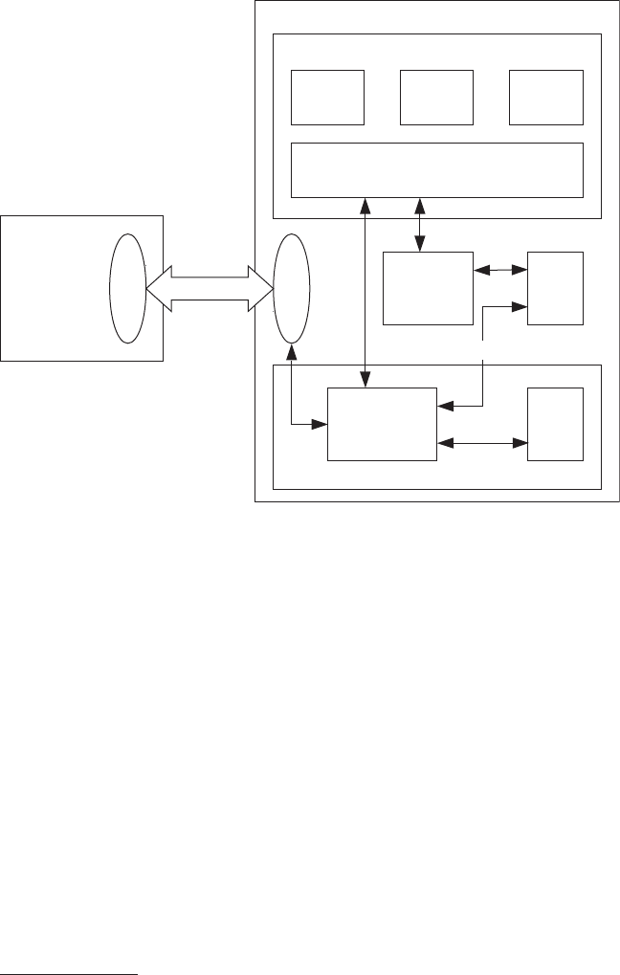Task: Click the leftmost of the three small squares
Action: [x=327, y=97]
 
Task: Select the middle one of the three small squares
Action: [x=437, y=97]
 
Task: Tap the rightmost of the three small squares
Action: [x=546, y=97]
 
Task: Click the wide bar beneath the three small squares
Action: [x=437, y=170]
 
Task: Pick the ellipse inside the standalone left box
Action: [x=128, y=290]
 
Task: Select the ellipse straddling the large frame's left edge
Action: [x=292, y=290]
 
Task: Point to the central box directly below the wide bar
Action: [x=428, y=288]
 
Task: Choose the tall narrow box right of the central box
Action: [x=555, y=288]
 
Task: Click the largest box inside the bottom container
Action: [x=382, y=424]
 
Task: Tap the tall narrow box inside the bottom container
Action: [x=555, y=424]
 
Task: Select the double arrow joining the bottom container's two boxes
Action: [x=482, y=443]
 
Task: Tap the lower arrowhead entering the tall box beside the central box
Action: [x=520, y=307]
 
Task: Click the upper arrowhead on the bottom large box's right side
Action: [x=443, y=407]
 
